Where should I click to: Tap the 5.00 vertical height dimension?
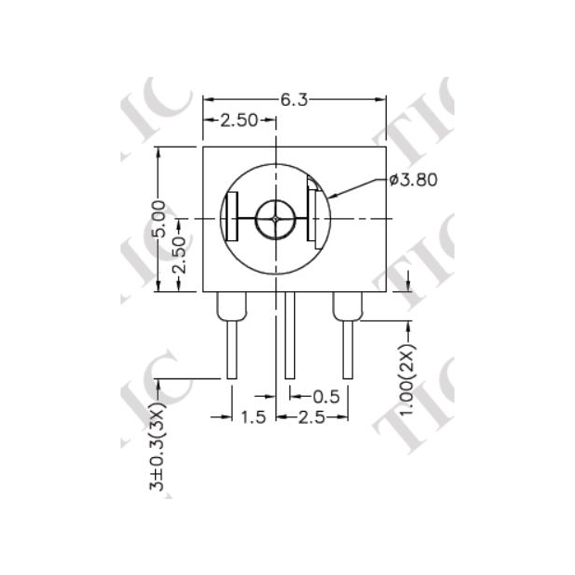pyautogui.click(x=159, y=219)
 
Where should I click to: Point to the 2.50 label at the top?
pyautogui.click(x=238, y=121)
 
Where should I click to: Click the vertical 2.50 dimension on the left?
pyautogui.click(x=180, y=265)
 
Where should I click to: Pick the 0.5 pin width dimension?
pyautogui.click(x=324, y=396)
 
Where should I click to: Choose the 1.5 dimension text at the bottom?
pyautogui.click(x=253, y=417)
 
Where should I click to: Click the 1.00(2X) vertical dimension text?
pyautogui.click(x=410, y=380)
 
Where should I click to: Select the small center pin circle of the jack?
pyautogui.click(x=276, y=219)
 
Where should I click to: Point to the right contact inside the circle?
pyautogui.click(x=316, y=219)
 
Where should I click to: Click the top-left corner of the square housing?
pyautogui.click(x=204, y=147)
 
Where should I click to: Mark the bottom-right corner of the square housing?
pyautogui.click(x=386, y=291)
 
